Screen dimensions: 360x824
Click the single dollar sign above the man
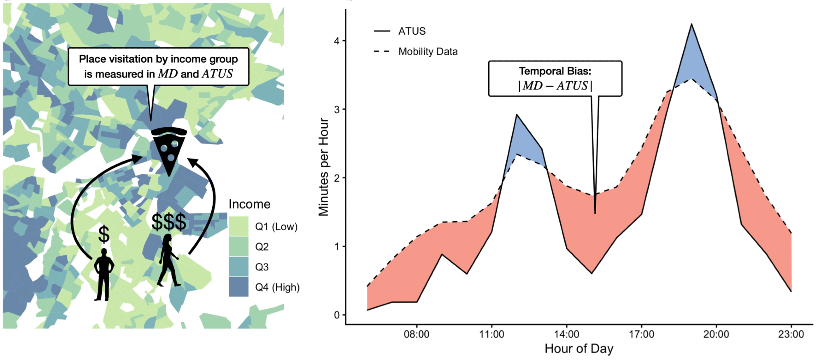[x=104, y=234]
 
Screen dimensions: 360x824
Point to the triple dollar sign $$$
[x=169, y=222]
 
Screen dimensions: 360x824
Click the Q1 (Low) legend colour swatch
[x=239, y=226]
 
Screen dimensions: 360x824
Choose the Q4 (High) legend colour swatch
[x=239, y=287]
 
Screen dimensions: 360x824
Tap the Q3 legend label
[x=262, y=267]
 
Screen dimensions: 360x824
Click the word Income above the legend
[x=249, y=204]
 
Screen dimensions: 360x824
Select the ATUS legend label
[x=412, y=31]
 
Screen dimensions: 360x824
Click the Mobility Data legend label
[x=428, y=52]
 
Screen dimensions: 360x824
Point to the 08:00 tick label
[x=417, y=334]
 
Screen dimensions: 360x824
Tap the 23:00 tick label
[x=791, y=334]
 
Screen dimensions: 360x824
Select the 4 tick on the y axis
[x=337, y=41]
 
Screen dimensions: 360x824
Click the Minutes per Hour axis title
[x=324, y=167]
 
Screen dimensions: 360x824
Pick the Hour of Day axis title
[x=579, y=348]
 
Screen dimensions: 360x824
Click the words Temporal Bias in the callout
[x=555, y=71]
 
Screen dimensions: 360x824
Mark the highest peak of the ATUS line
[x=691, y=25]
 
